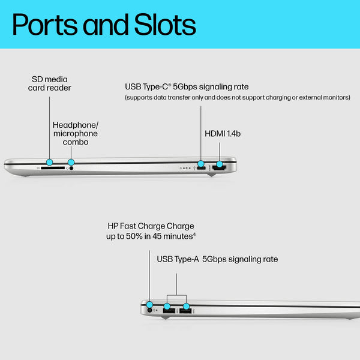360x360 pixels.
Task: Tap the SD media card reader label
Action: coord(50,83)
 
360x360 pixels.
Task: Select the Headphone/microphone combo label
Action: coord(75,133)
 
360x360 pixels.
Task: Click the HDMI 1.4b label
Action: coord(223,134)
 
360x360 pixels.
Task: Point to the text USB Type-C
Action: coord(148,87)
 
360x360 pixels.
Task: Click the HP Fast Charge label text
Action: coord(151,226)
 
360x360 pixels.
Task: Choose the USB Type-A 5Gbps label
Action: coord(217,259)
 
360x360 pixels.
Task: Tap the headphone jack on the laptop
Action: coord(73,169)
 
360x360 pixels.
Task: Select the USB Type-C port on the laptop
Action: coord(200,169)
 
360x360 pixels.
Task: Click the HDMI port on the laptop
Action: coord(219,169)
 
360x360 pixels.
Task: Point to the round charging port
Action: coord(150,310)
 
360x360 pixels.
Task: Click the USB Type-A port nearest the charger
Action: coord(168,310)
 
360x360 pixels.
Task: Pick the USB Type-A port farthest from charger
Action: coord(185,310)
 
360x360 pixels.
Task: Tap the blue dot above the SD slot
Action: coord(49,162)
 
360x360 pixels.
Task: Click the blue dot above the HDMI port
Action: coord(220,163)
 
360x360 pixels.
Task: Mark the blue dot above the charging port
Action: coord(149,304)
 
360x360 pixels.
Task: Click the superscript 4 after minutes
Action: coord(194,235)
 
